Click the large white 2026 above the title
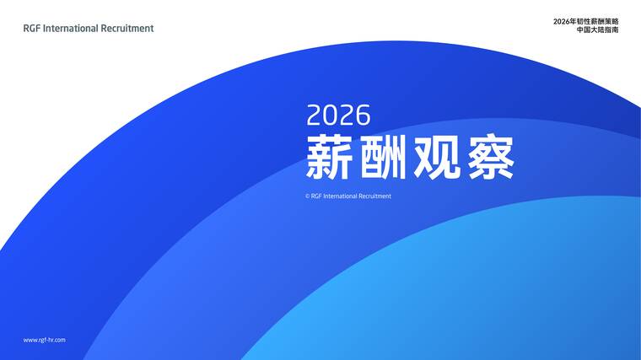tap(338, 115)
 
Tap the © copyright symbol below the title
tap(308, 196)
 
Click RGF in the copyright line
tap(316, 196)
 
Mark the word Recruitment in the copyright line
tap(375, 196)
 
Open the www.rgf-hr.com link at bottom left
tap(44, 340)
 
